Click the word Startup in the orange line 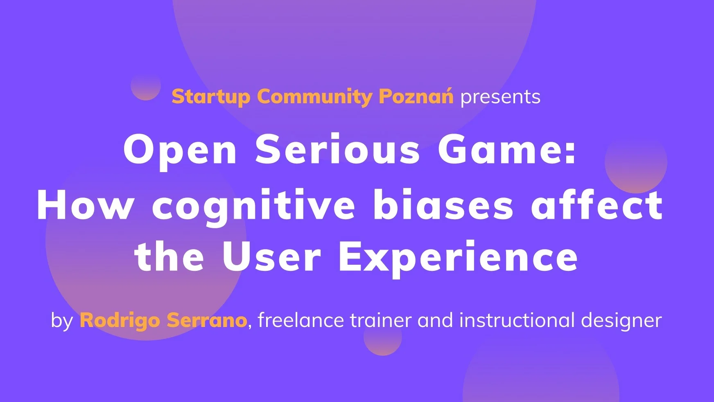coord(211,98)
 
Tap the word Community coord(315,98)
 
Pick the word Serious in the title coord(338,149)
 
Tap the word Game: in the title coord(507,149)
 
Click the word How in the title coord(85,204)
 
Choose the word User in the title coord(271,257)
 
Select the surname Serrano coord(207,320)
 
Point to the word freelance coord(301,320)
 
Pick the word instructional coord(517,320)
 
